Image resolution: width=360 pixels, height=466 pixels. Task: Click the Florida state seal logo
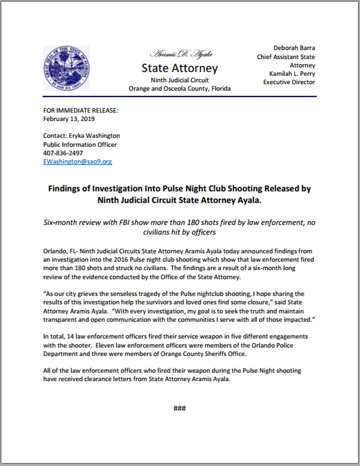click(66, 68)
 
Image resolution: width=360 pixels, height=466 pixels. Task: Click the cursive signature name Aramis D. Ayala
click(179, 55)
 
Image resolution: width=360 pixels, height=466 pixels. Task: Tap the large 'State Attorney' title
click(180, 69)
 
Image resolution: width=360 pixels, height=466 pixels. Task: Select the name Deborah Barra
click(294, 48)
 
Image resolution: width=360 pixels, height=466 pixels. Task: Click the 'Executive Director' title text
click(289, 82)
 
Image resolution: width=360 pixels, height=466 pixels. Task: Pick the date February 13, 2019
click(69, 119)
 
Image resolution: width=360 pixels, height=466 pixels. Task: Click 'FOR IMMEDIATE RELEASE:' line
click(80, 111)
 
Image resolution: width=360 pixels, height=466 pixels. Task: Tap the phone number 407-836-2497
click(63, 153)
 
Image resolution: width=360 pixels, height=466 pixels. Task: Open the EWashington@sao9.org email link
click(78, 161)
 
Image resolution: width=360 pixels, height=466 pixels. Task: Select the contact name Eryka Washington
click(94, 136)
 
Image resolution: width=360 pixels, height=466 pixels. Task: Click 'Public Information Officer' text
click(80, 145)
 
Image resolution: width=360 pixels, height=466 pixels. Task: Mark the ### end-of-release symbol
click(180, 408)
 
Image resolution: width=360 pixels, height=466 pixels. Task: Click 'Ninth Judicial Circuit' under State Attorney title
click(179, 80)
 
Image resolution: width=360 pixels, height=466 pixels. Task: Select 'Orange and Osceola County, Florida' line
click(180, 89)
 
